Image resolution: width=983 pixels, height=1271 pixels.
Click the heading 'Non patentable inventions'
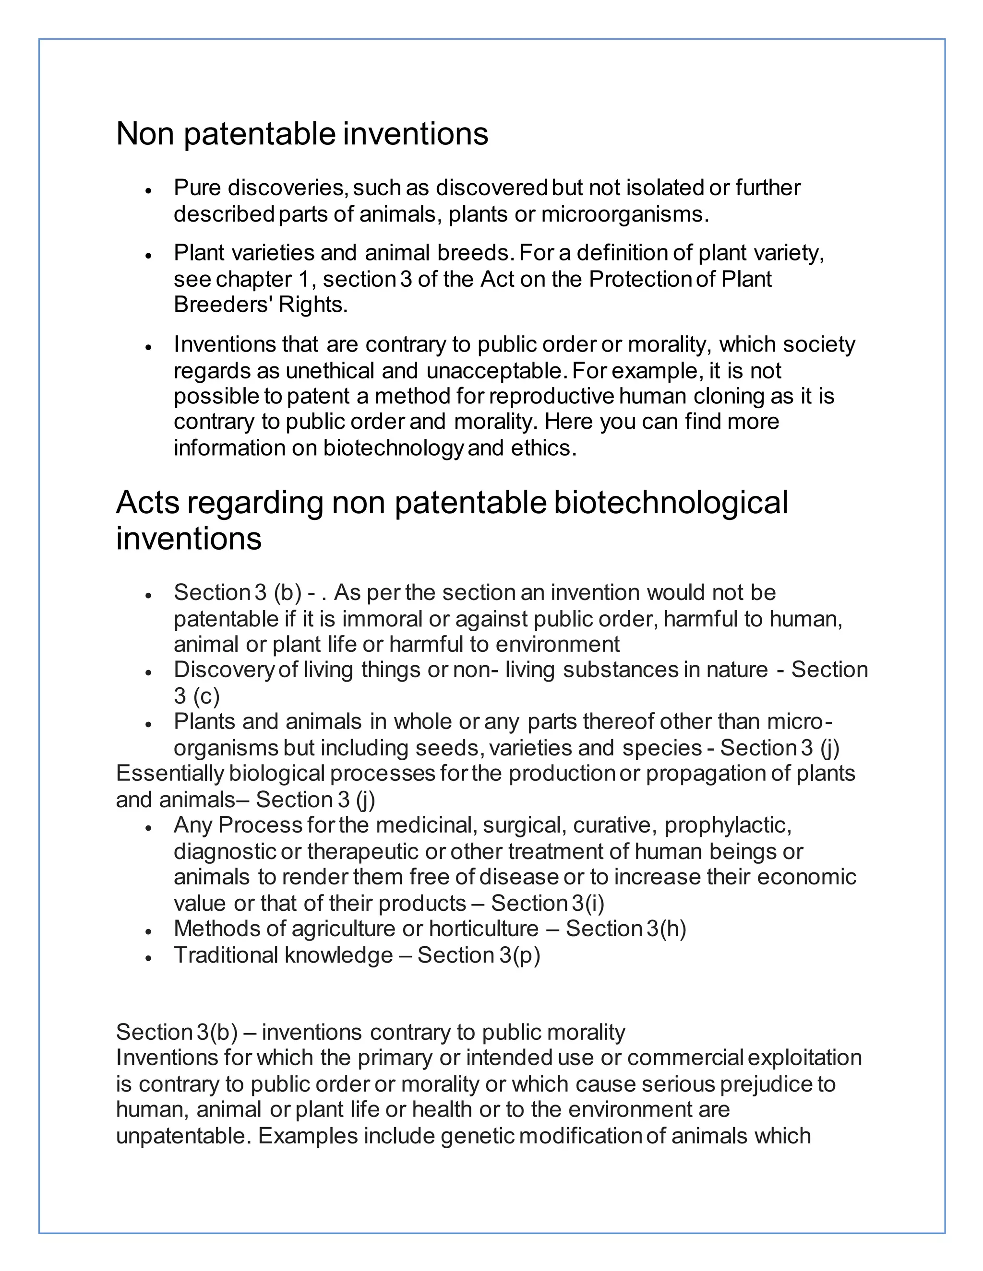click(x=301, y=134)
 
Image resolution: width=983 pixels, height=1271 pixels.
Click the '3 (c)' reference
click(x=196, y=696)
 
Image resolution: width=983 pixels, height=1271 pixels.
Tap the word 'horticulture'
click(x=484, y=929)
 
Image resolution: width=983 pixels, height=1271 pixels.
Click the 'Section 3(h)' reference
click(x=626, y=929)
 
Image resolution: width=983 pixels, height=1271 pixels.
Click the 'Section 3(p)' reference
click(x=479, y=955)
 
